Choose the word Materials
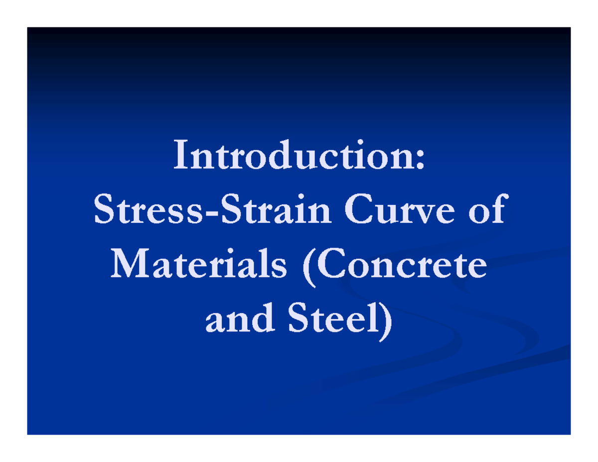click(x=199, y=265)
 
